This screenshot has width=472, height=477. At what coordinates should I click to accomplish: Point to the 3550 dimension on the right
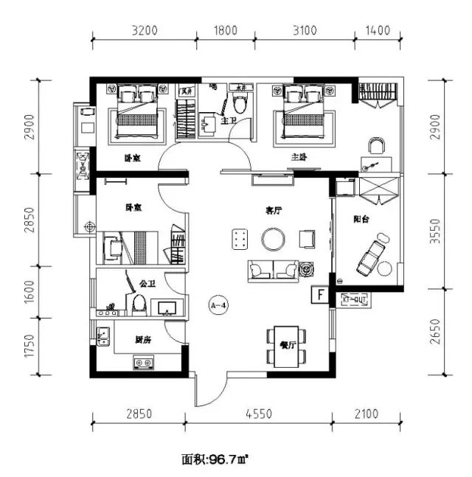450,228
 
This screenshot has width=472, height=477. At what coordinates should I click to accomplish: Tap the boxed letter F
320,294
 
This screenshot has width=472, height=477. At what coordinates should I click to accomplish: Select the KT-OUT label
355,300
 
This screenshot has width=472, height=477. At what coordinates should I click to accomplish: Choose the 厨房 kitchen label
143,341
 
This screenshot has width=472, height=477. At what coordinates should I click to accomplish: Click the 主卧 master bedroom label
298,157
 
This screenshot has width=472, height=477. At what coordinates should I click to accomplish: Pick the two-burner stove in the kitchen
144,363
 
